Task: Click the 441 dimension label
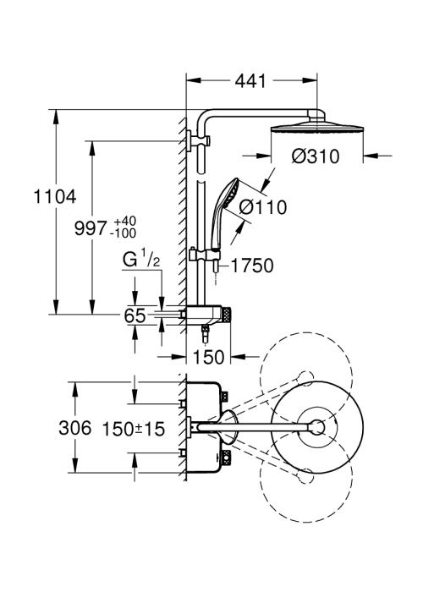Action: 250,81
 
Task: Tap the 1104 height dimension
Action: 55,197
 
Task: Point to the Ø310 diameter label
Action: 316,156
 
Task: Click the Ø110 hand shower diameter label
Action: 264,207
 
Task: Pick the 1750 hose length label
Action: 252,266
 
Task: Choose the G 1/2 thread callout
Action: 141,260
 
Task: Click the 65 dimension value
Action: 135,315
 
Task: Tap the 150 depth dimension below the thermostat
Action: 208,357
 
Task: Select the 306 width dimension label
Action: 75,428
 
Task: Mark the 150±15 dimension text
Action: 134,429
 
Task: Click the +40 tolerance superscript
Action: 125,221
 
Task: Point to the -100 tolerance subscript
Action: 124,233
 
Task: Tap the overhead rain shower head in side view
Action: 317,127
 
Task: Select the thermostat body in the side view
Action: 205,314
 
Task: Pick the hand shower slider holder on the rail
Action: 204,255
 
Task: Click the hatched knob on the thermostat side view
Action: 227,314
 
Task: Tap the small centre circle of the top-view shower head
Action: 317,427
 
